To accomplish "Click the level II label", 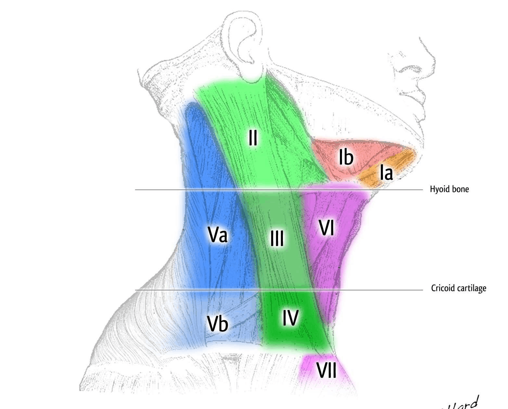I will (x=253, y=138).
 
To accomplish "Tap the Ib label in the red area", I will (x=346, y=157).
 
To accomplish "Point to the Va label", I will (x=217, y=234).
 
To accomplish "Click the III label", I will (x=277, y=239).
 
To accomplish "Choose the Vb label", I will (x=218, y=323).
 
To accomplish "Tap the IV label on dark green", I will (x=290, y=317).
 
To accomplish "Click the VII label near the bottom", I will (x=326, y=370).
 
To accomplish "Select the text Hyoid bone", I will (x=449, y=189).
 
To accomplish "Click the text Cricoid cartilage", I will (x=458, y=288).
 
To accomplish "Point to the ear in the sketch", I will (x=245, y=45).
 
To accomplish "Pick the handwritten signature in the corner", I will (x=461, y=403).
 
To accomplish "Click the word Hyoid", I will (x=439, y=189).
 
